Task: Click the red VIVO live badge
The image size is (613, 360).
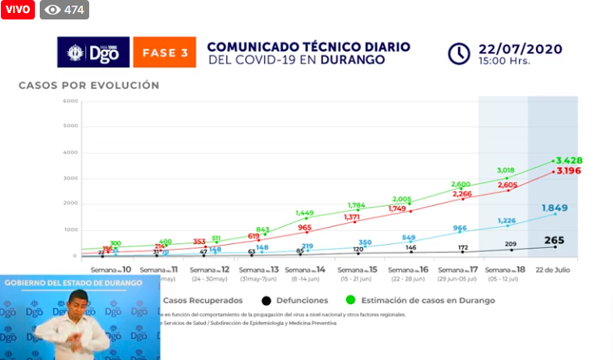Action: pos(18,10)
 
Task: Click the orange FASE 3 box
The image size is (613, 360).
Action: pos(165,52)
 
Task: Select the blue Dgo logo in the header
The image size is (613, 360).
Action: pos(92,52)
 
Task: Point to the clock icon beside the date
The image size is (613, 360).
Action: pos(459,54)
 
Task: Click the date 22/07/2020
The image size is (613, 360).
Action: pos(520,49)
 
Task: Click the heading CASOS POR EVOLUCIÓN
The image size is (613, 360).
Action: pos(89,84)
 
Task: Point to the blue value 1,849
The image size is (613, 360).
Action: pos(555,208)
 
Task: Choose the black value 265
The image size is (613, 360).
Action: pos(555,240)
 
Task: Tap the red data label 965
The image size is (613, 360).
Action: pos(305,228)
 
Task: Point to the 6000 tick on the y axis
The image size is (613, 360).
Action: pos(70,101)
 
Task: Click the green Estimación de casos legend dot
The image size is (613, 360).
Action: pos(350,300)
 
